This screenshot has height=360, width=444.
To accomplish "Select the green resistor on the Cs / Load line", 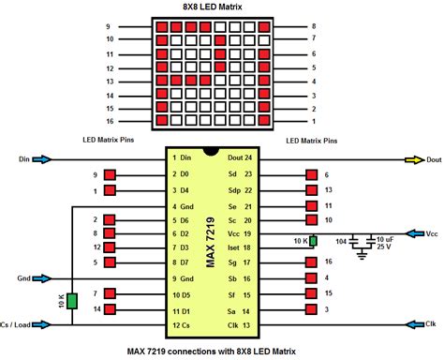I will (x=72, y=303).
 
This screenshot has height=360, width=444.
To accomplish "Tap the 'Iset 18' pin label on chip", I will (x=239, y=248).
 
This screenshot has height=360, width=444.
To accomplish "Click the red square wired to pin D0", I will (x=111, y=175).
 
